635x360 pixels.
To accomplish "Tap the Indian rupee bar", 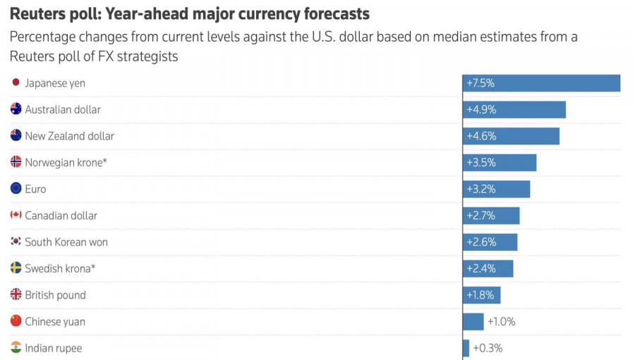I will click(466, 348).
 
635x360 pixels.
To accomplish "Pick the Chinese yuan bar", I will click(473, 322).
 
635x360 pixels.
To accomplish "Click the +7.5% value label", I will click(480, 83).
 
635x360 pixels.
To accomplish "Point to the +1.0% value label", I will click(501, 322).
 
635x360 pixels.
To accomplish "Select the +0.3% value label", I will click(488, 348).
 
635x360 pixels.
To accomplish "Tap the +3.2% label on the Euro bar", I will click(480, 189).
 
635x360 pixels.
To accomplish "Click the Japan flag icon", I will click(16, 83).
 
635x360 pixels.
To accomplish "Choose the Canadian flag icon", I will click(16, 215).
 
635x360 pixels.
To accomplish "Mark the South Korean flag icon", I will click(16, 242).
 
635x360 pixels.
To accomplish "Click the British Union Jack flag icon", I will click(16, 295).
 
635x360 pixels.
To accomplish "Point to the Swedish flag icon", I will click(16, 268).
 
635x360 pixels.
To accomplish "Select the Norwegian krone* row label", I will click(66, 162).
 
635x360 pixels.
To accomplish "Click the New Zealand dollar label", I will click(69, 136).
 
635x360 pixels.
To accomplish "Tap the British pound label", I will click(55, 295).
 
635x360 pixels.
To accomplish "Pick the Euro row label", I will click(35, 189).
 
